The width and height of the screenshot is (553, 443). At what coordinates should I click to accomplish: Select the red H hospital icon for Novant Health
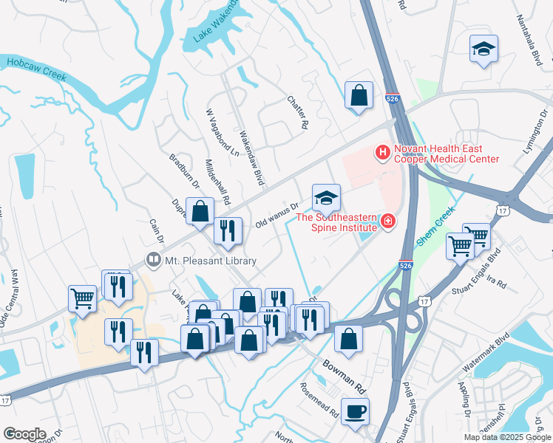click(x=383, y=154)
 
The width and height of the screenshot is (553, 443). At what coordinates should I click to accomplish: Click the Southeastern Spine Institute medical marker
click(x=386, y=221)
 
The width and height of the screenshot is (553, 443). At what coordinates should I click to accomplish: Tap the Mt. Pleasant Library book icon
click(x=153, y=261)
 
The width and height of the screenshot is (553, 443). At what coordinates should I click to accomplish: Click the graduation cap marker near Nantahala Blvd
click(x=484, y=49)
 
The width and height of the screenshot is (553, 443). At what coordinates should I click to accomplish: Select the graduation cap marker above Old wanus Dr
click(x=326, y=198)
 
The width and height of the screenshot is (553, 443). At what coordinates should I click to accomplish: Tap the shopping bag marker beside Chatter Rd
click(x=359, y=95)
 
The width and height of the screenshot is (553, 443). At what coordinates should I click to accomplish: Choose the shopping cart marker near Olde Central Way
click(x=83, y=299)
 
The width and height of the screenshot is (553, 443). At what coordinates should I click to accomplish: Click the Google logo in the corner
click(x=24, y=433)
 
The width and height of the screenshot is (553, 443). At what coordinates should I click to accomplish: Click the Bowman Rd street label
click(x=345, y=376)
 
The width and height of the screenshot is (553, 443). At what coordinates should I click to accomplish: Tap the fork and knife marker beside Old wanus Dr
click(x=228, y=231)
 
